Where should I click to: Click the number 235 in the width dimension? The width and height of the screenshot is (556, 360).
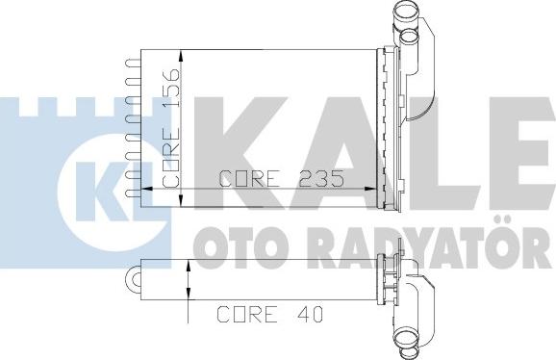point(321,178)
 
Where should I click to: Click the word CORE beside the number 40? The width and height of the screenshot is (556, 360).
point(247,314)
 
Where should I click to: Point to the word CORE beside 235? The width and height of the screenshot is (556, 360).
point(249,178)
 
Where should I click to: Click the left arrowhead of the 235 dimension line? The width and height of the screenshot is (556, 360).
point(147,189)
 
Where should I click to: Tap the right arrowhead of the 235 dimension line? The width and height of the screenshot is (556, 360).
point(370,189)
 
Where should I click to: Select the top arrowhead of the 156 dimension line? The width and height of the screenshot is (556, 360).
point(181,56)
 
